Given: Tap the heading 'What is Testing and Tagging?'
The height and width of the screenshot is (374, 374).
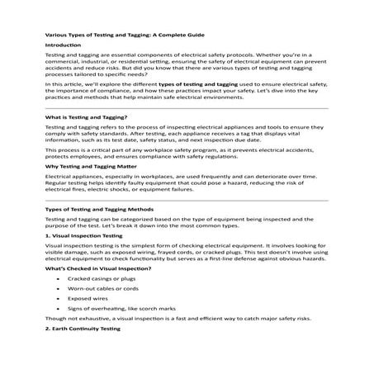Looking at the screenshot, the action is point(86,117).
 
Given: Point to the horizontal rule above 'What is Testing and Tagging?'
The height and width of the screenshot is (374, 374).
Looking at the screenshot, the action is point(186,107).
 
